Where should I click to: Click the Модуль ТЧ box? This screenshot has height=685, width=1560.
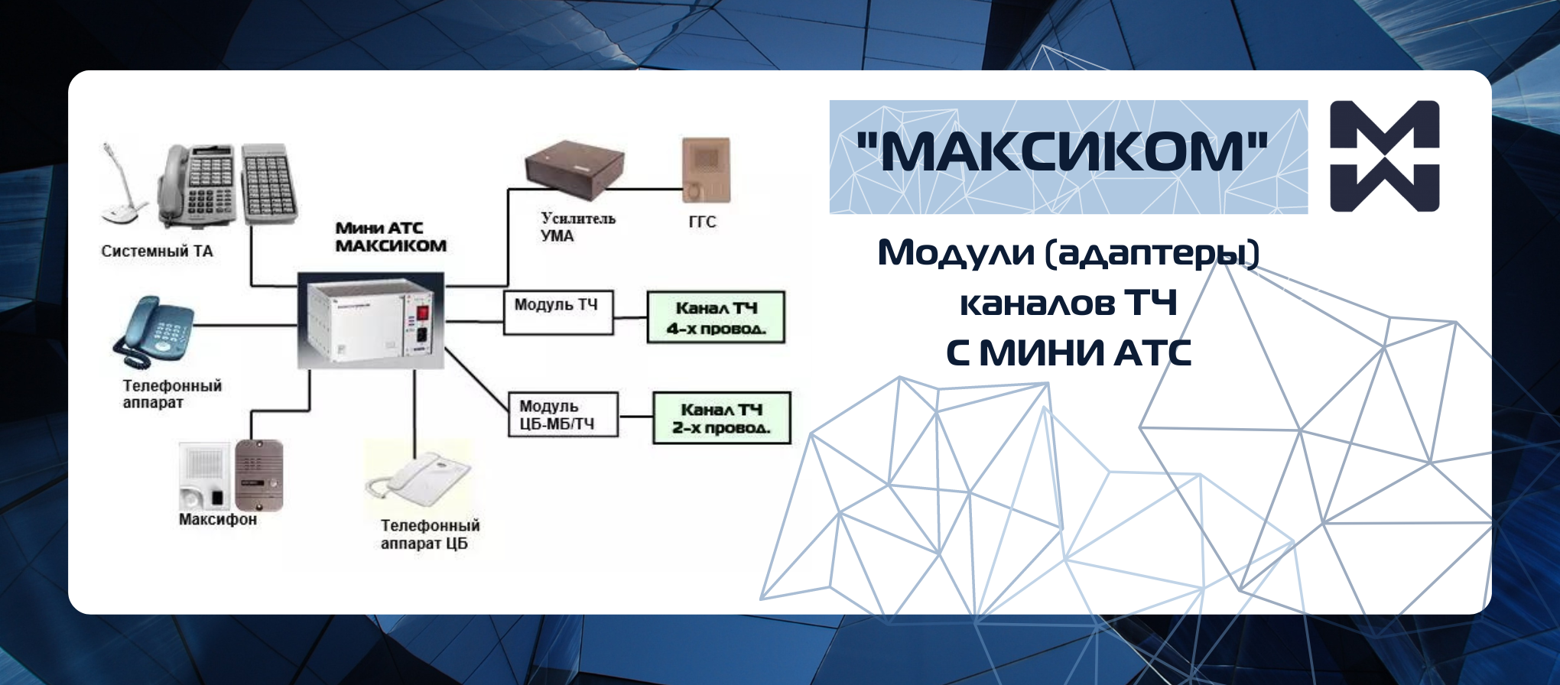558,312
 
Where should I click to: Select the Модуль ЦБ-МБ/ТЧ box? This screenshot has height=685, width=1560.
564,414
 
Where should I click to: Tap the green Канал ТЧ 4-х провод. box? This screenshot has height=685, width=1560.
716,317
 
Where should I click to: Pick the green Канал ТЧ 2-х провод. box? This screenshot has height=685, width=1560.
721,417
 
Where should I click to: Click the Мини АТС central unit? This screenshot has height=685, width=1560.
370,320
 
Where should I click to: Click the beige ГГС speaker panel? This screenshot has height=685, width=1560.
706,170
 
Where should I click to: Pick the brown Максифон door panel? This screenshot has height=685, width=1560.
258,475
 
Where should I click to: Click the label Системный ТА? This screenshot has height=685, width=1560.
157,251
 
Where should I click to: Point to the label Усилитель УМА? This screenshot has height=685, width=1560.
577,227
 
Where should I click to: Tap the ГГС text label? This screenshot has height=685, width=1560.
702,222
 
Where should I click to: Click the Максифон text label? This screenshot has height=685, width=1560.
218,519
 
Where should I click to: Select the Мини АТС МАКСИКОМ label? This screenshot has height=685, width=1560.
391,237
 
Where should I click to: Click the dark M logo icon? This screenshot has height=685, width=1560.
1385,156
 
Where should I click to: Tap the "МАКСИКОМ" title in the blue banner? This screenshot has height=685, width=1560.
1062,151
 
